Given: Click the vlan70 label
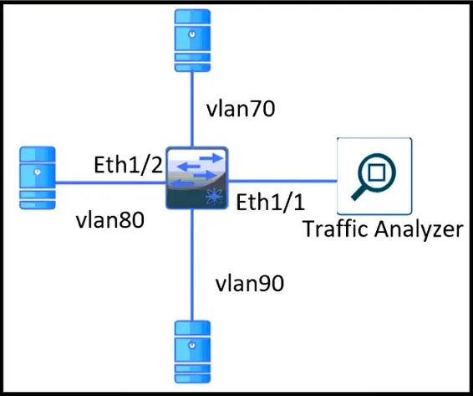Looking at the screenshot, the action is point(241,109).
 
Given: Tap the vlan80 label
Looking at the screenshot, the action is point(110,219).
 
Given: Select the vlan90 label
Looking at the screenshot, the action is point(250,283).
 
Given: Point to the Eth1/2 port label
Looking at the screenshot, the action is point(129,164).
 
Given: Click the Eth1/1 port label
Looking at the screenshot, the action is point(270,202).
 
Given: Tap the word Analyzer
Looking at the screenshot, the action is point(419,229).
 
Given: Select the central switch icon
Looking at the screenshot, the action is point(196,178).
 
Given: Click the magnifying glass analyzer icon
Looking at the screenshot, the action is point(374,177).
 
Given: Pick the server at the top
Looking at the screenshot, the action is point(192,40).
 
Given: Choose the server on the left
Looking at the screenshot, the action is point(38,178).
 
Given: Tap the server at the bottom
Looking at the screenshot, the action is point(192,352).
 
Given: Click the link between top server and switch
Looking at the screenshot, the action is point(192,109).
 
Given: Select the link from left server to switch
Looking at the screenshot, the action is point(110,183).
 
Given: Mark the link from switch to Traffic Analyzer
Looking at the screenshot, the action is point(282,182).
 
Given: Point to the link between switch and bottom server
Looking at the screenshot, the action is point(191,265).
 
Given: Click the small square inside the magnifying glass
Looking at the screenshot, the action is point(377,172).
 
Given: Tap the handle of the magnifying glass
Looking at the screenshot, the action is point(359,193).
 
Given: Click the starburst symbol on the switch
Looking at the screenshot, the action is point(215,196).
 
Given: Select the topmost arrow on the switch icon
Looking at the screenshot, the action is point(211,157).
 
